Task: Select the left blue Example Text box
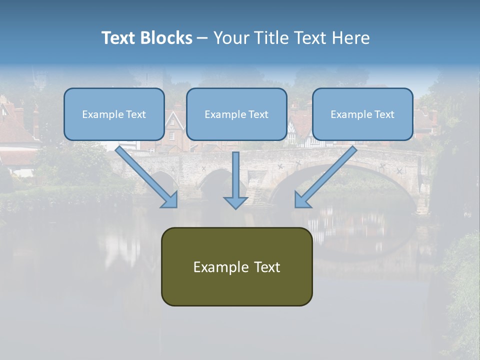[114, 114]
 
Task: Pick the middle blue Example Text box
[236, 114]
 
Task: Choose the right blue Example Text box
[362, 114]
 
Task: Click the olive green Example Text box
[236, 266]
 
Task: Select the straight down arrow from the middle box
[235, 175]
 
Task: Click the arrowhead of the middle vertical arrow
[235, 201]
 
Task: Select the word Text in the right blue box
[384, 114]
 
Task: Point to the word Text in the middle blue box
[258, 114]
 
